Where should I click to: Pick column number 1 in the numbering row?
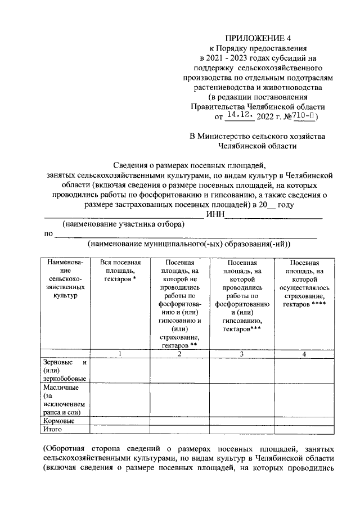(120, 354)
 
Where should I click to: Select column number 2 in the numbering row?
(179, 354)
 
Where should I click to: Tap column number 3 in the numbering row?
(241, 354)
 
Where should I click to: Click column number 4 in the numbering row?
(304, 354)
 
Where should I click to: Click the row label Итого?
(53, 430)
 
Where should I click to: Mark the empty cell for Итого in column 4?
(304, 430)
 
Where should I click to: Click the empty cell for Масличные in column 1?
(120, 399)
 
